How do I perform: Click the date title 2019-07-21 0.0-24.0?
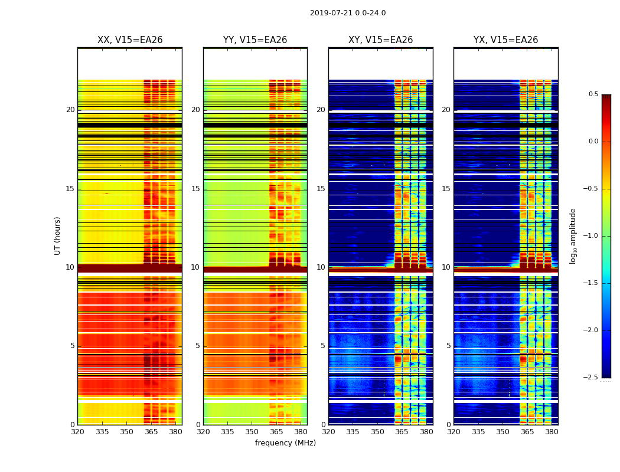[348, 13]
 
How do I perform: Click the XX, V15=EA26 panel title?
[130, 40]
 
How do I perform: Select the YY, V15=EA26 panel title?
[255, 40]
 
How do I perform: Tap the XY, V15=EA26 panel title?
[381, 40]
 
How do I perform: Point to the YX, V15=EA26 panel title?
[506, 40]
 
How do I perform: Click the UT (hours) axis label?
[58, 235]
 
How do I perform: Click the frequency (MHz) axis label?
[285, 443]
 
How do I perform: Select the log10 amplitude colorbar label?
[573, 235]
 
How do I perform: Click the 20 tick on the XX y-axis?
[70, 110]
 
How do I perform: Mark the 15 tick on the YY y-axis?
[195, 189]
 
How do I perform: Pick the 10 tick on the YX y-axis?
[446, 267]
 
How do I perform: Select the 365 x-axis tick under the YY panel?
[276, 431]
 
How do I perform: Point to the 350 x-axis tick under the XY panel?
[377, 431]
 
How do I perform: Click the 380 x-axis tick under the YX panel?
[552, 431]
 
